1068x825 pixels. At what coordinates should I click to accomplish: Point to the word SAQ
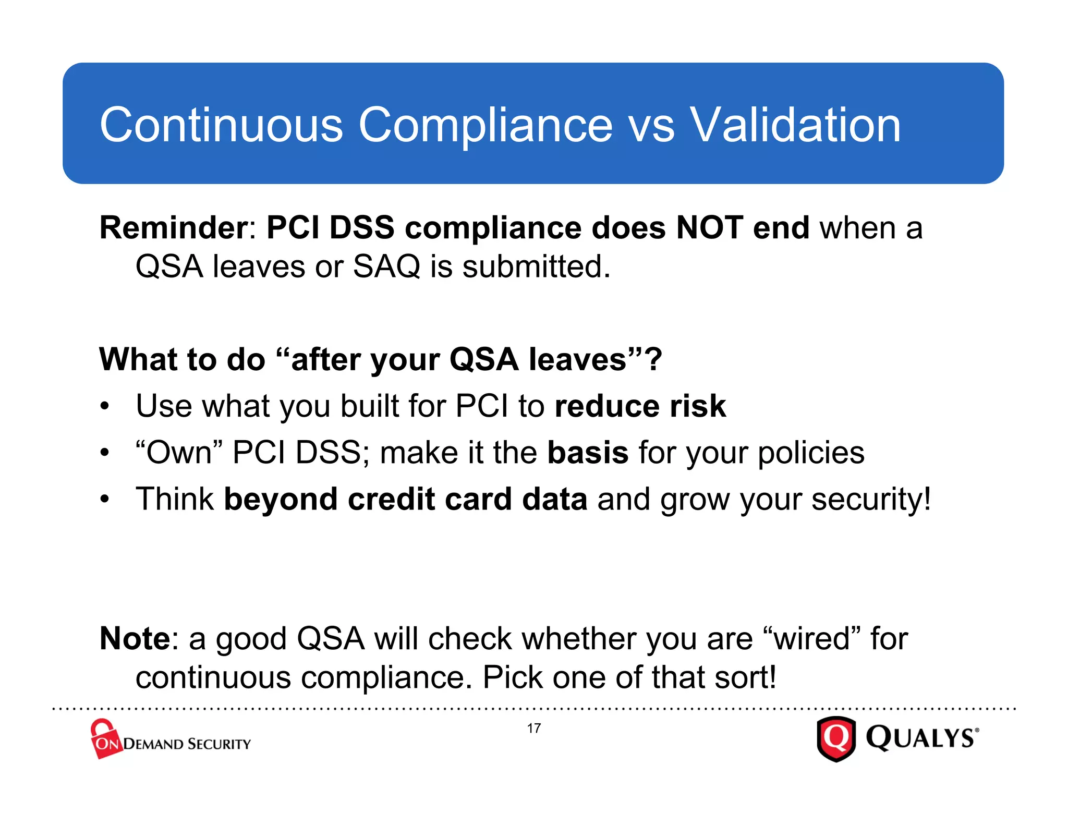(x=386, y=266)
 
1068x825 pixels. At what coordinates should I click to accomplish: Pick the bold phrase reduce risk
(x=640, y=406)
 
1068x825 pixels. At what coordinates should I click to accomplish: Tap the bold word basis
(x=588, y=452)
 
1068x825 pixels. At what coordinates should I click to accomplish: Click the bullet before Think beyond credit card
(x=105, y=499)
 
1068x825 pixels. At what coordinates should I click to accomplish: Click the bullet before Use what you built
(x=105, y=406)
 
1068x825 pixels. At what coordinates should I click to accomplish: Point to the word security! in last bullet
(x=871, y=499)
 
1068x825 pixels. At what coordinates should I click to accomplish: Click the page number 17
(x=533, y=728)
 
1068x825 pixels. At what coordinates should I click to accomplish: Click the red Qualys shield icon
(x=836, y=739)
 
